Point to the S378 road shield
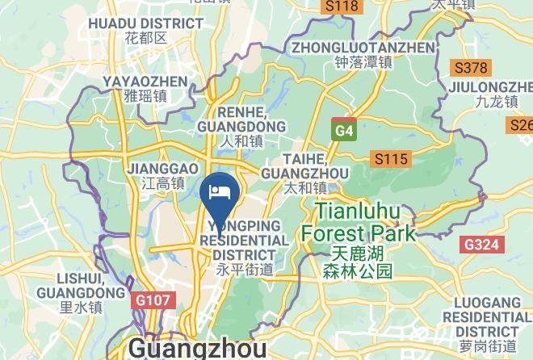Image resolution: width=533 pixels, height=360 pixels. coord(471,68)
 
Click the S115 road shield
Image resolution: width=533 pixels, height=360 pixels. coord(389,159)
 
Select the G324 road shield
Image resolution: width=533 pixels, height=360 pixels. coord(482,244)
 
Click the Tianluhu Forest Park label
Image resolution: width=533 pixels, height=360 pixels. coord(358,222)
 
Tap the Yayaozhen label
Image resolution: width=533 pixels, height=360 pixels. coord(145,87)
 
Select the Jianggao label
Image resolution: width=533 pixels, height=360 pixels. coord(162,175)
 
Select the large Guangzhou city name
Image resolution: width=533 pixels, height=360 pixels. coord(197,349)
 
